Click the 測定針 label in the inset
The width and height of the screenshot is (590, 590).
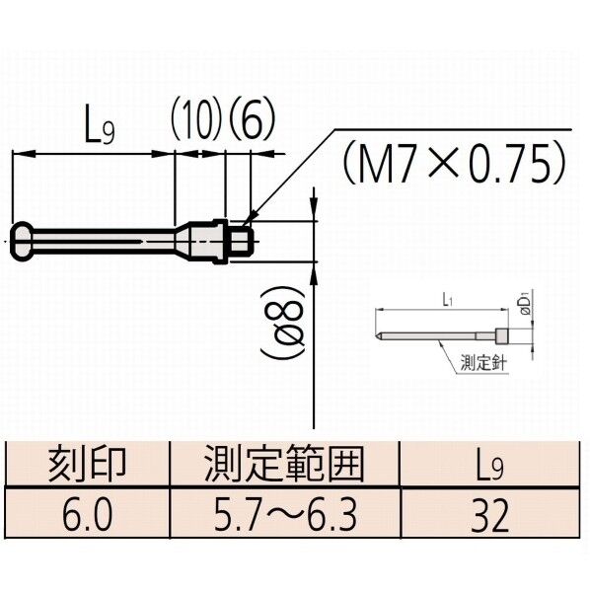(x=482, y=363)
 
